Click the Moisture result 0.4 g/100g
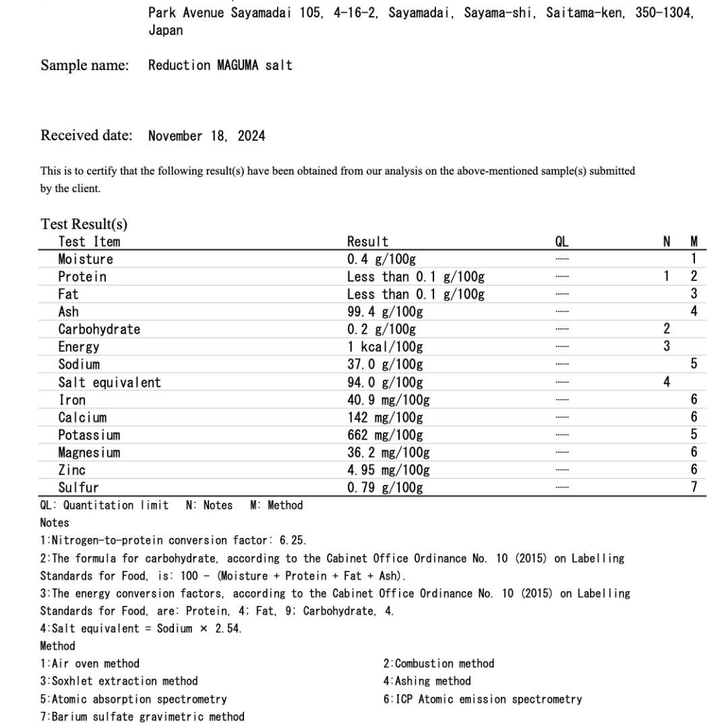tap(382, 259)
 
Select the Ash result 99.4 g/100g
tap(385, 311)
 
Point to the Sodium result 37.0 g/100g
tap(385, 364)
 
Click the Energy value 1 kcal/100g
tap(385, 347)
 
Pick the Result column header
tap(367, 241)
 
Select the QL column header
tap(562, 241)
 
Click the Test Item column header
tap(89, 241)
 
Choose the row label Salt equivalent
tap(109, 382)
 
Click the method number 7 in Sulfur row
tap(694, 487)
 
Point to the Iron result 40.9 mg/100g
tap(388, 400)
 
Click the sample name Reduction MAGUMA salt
tap(220, 65)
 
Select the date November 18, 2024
tap(206, 136)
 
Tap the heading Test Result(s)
tap(84, 224)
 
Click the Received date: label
tap(86, 135)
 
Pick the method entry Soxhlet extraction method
tap(119, 681)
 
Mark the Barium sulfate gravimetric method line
tap(142, 716)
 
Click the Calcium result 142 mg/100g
tap(385, 417)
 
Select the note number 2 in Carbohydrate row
tap(667, 329)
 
